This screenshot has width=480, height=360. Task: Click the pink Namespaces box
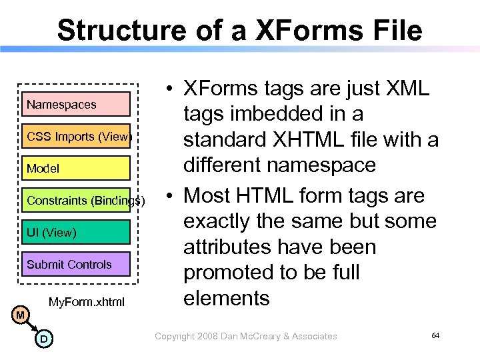(75, 105)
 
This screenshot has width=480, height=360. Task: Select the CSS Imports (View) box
(75, 137)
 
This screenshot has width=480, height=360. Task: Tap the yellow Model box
(75, 169)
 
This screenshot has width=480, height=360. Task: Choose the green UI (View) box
(75, 232)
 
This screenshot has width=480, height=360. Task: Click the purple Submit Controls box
(75, 264)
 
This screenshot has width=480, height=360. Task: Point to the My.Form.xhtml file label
(87, 302)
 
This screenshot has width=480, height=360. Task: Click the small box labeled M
(21, 314)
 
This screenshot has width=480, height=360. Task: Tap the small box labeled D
(43, 340)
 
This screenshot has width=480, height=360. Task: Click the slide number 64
(435, 335)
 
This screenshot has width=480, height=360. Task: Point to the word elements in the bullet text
(227, 297)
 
